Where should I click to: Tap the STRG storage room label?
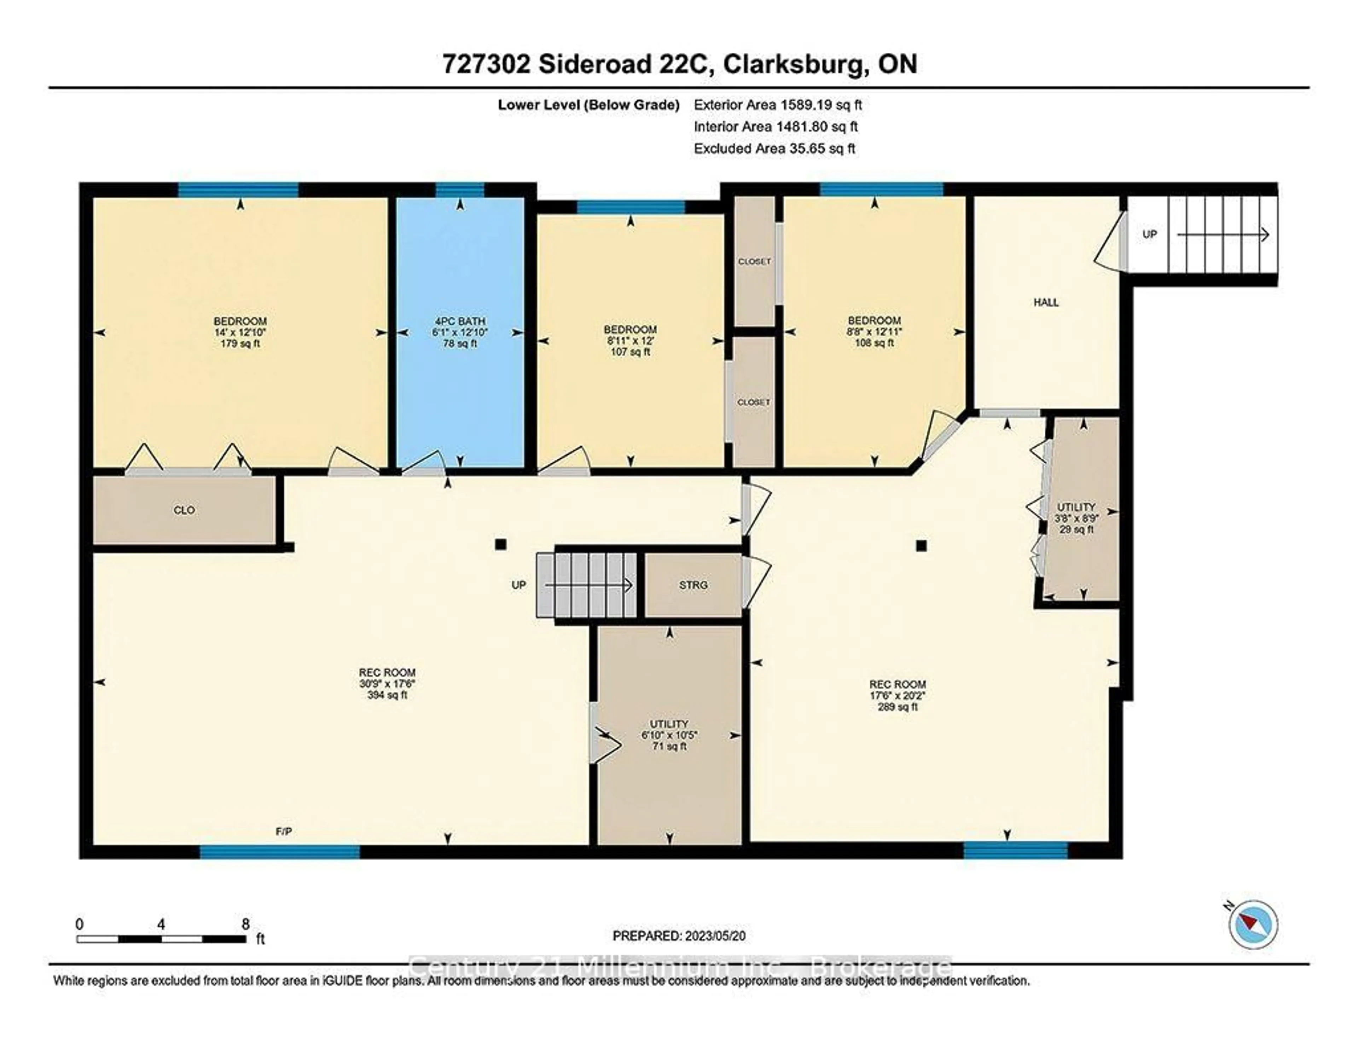pyautogui.click(x=693, y=585)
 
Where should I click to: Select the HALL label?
pyautogui.click(x=1046, y=302)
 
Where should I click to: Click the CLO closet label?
pyautogui.click(x=184, y=510)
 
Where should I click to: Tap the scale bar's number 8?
pyautogui.click(x=246, y=924)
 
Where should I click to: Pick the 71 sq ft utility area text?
pyautogui.click(x=669, y=746)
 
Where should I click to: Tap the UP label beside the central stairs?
pyautogui.click(x=518, y=585)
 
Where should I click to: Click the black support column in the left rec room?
pyautogui.click(x=500, y=545)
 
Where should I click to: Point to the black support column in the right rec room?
pyautogui.click(x=922, y=546)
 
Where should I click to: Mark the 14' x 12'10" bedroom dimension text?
pyautogui.click(x=240, y=332)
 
